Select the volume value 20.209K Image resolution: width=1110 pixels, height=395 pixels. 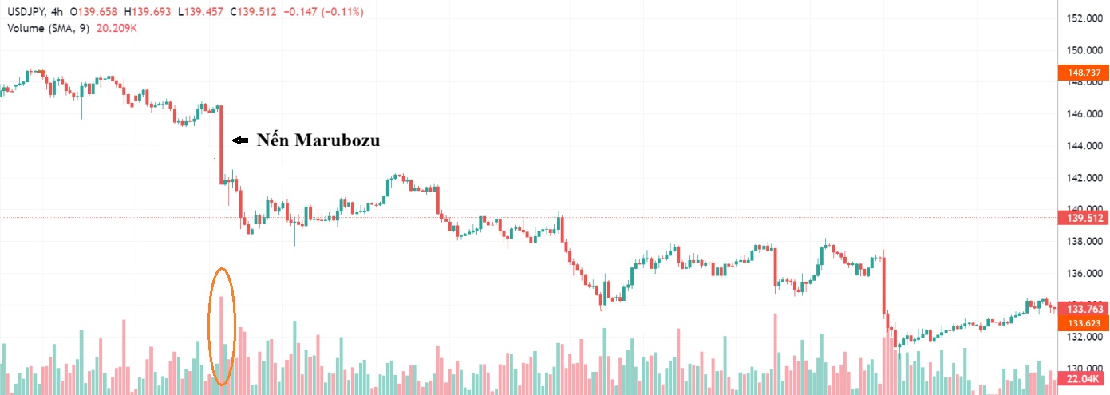[x=116, y=28]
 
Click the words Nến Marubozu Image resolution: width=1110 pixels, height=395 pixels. [x=318, y=141]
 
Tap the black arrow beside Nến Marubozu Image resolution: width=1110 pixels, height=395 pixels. [x=239, y=141]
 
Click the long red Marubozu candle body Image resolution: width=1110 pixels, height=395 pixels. [x=221, y=144]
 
